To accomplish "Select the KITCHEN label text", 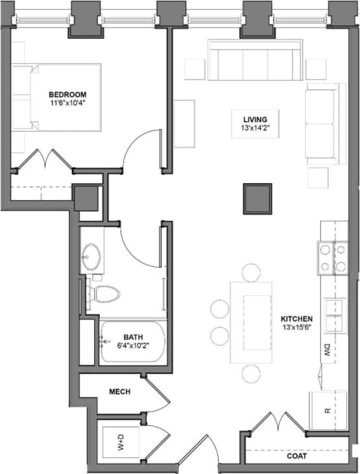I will pyautogui.click(x=296, y=319).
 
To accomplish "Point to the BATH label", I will pyautogui.click(x=133, y=338).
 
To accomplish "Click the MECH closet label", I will pyautogui.click(x=120, y=392).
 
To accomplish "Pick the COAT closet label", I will pyautogui.click(x=297, y=456).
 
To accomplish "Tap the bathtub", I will pyautogui.click(x=132, y=342).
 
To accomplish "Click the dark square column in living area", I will pyautogui.click(x=258, y=199).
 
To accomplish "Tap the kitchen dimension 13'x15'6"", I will pyautogui.click(x=296, y=329).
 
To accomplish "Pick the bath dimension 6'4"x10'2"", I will pyautogui.click(x=134, y=347).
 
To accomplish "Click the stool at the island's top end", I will pyautogui.click(x=251, y=271).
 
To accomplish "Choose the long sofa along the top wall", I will pyautogui.click(x=255, y=60).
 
